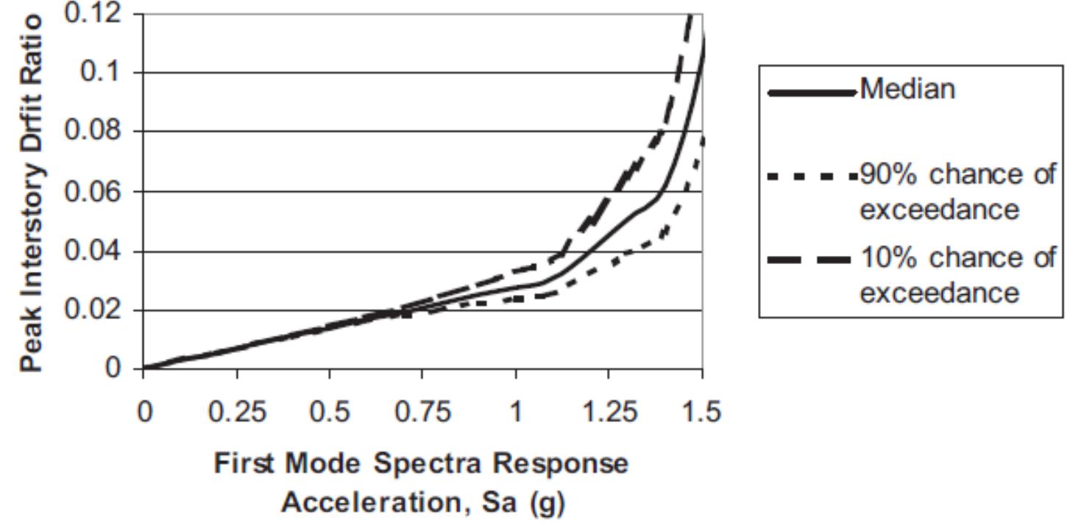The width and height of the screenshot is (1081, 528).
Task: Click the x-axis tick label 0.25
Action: pyautogui.click(x=237, y=410)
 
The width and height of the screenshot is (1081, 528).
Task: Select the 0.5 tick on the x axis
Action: pyautogui.click(x=329, y=410)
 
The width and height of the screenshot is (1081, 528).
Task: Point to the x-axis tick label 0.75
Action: pyautogui.click(x=422, y=410)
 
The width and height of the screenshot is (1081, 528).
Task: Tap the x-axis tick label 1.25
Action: pyautogui.click(x=609, y=410)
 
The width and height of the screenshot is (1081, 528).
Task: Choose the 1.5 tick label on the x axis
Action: pyautogui.click(x=701, y=410)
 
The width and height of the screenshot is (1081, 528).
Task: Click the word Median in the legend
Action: pyautogui.click(x=908, y=90)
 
